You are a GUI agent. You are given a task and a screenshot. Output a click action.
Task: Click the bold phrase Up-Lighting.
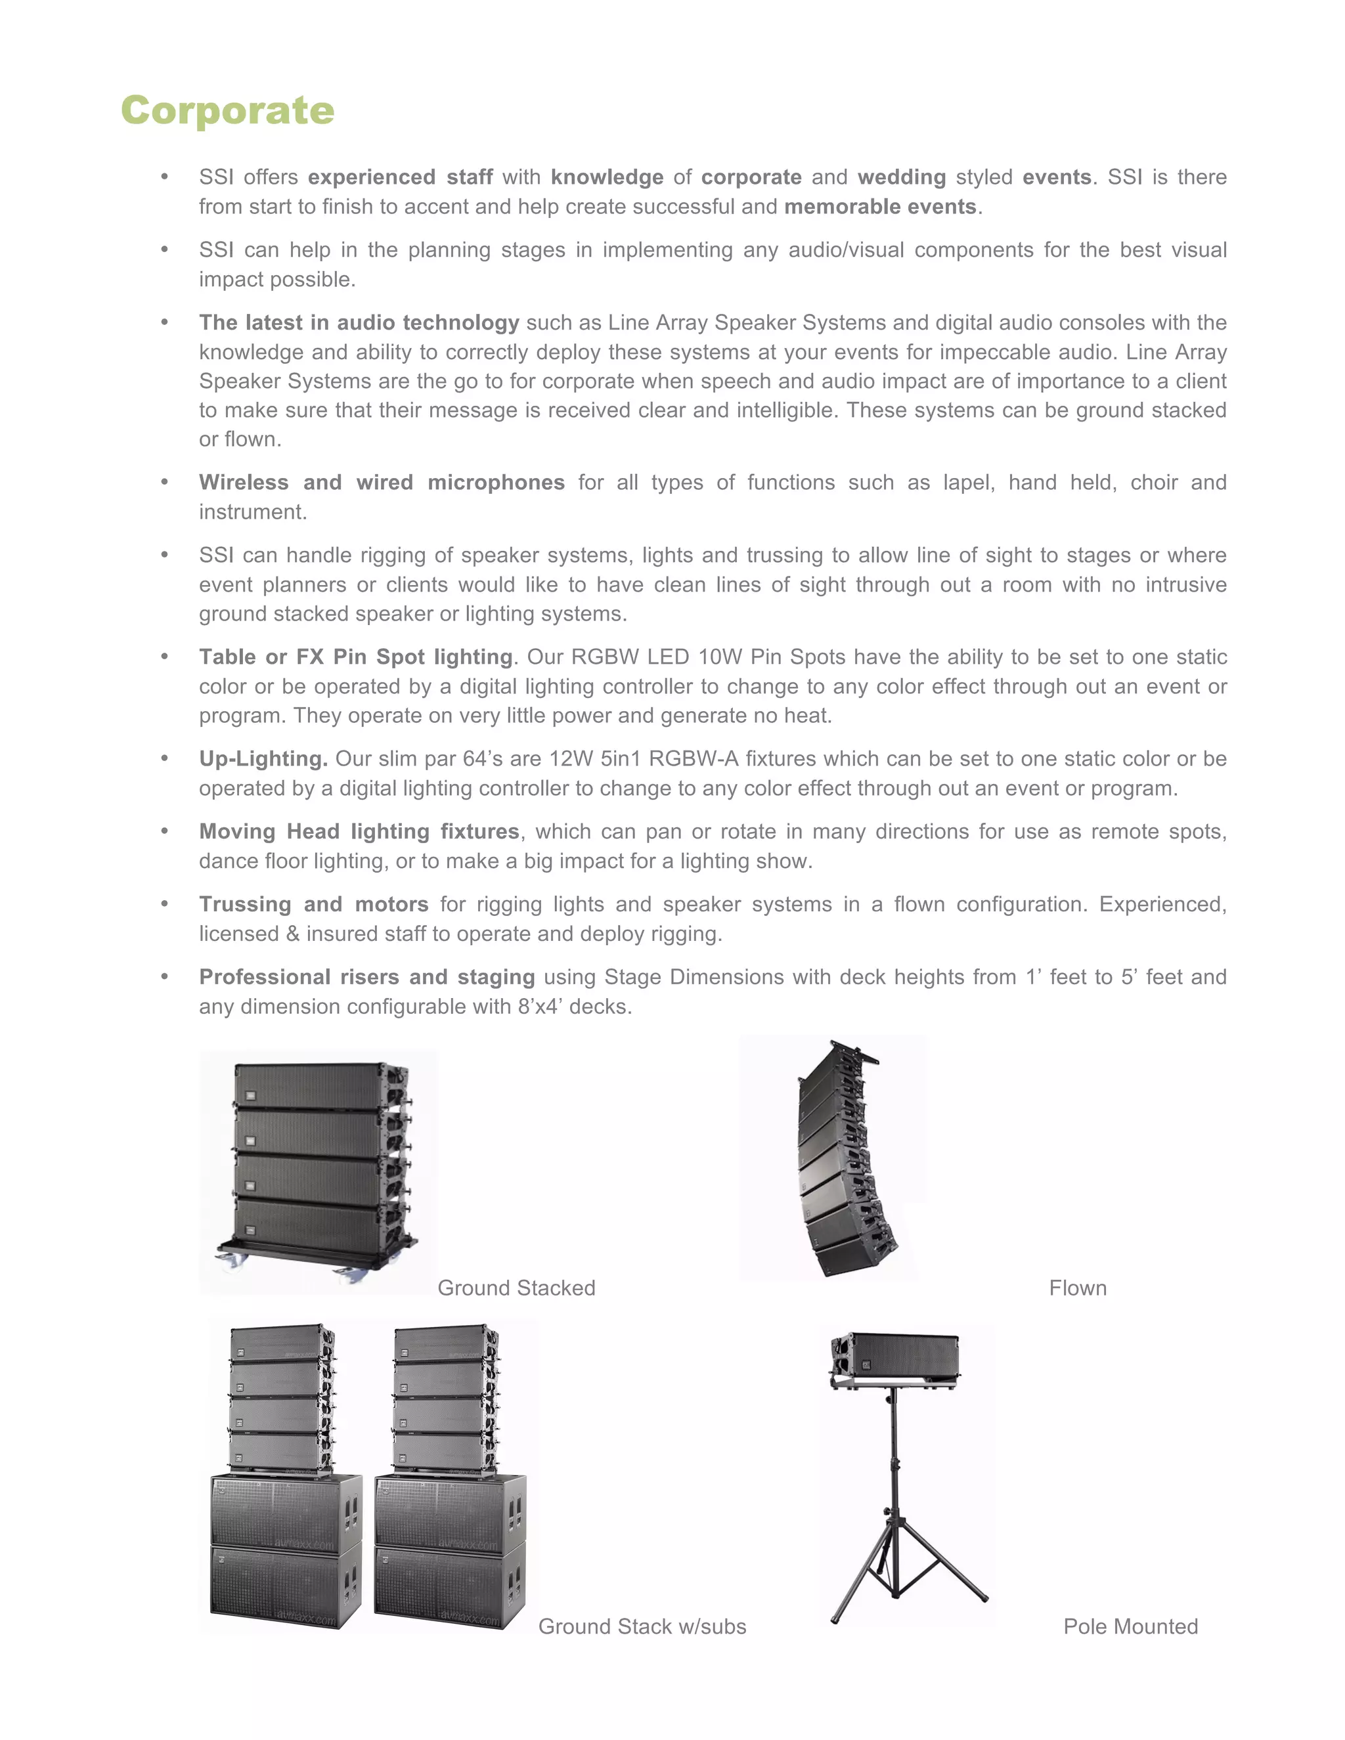263,758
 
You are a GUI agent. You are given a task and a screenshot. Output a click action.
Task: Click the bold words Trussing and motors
313,904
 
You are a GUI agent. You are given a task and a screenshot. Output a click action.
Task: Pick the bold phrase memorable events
879,206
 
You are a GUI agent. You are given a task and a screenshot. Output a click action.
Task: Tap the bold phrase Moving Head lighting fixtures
359,831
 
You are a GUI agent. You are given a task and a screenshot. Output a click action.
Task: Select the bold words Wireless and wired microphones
381,482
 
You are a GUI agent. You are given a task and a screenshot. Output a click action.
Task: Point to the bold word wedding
901,177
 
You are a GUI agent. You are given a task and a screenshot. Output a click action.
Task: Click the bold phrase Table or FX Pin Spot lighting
355,657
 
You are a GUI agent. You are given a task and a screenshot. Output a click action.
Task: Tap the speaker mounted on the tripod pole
895,1359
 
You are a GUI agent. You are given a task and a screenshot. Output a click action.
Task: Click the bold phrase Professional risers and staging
366,977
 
